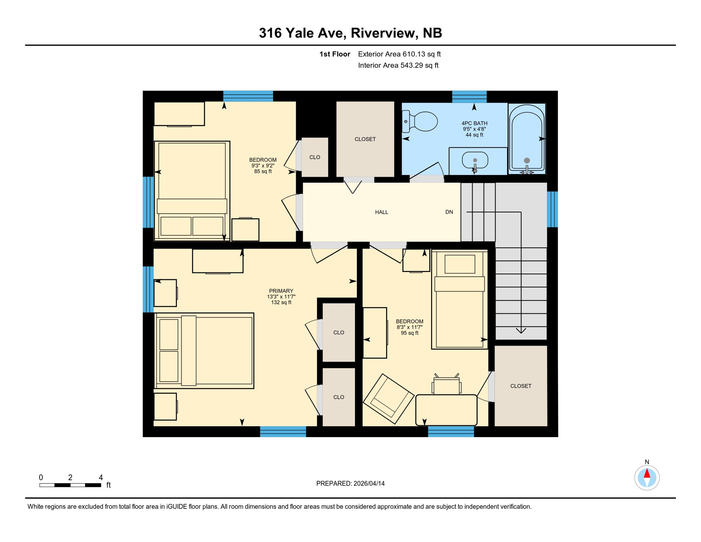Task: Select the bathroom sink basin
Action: (x=475, y=160)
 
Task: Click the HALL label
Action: (x=382, y=212)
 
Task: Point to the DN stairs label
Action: (x=449, y=212)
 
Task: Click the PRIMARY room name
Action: (x=281, y=291)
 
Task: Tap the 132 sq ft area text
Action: (x=281, y=302)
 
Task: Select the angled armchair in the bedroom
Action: (x=389, y=399)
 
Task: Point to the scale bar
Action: (x=70, y=485)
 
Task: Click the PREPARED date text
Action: (x=350, y=483)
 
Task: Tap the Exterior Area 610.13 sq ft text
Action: (x=399, y=54)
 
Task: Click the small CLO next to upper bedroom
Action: (x=315, y=157)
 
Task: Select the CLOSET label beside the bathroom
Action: (x=365, y=139)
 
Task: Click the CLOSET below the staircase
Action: (x=520, y=386)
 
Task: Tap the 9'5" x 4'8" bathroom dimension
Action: (x=474, y=129)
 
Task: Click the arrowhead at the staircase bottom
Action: (x=521, y=331)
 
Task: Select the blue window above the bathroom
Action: (x=469, y=96)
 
